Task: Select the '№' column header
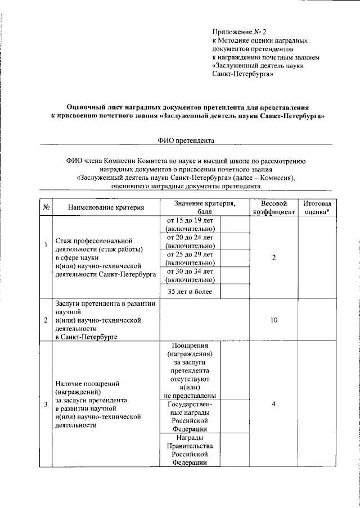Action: coord(44,207)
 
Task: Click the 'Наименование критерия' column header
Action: coord(106,207)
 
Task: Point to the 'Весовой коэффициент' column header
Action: coord(273,207)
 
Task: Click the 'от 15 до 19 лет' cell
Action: coord(190,224)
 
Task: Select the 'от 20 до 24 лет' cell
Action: coord(190,241)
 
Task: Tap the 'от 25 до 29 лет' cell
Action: coord(190,258)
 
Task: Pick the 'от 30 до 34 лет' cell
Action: coord(190,275)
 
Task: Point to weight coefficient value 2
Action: coord(273,257)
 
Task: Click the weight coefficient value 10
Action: coord(273,320)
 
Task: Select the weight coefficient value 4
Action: coord(273,403)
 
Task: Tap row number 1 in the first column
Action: coord(45,244)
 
